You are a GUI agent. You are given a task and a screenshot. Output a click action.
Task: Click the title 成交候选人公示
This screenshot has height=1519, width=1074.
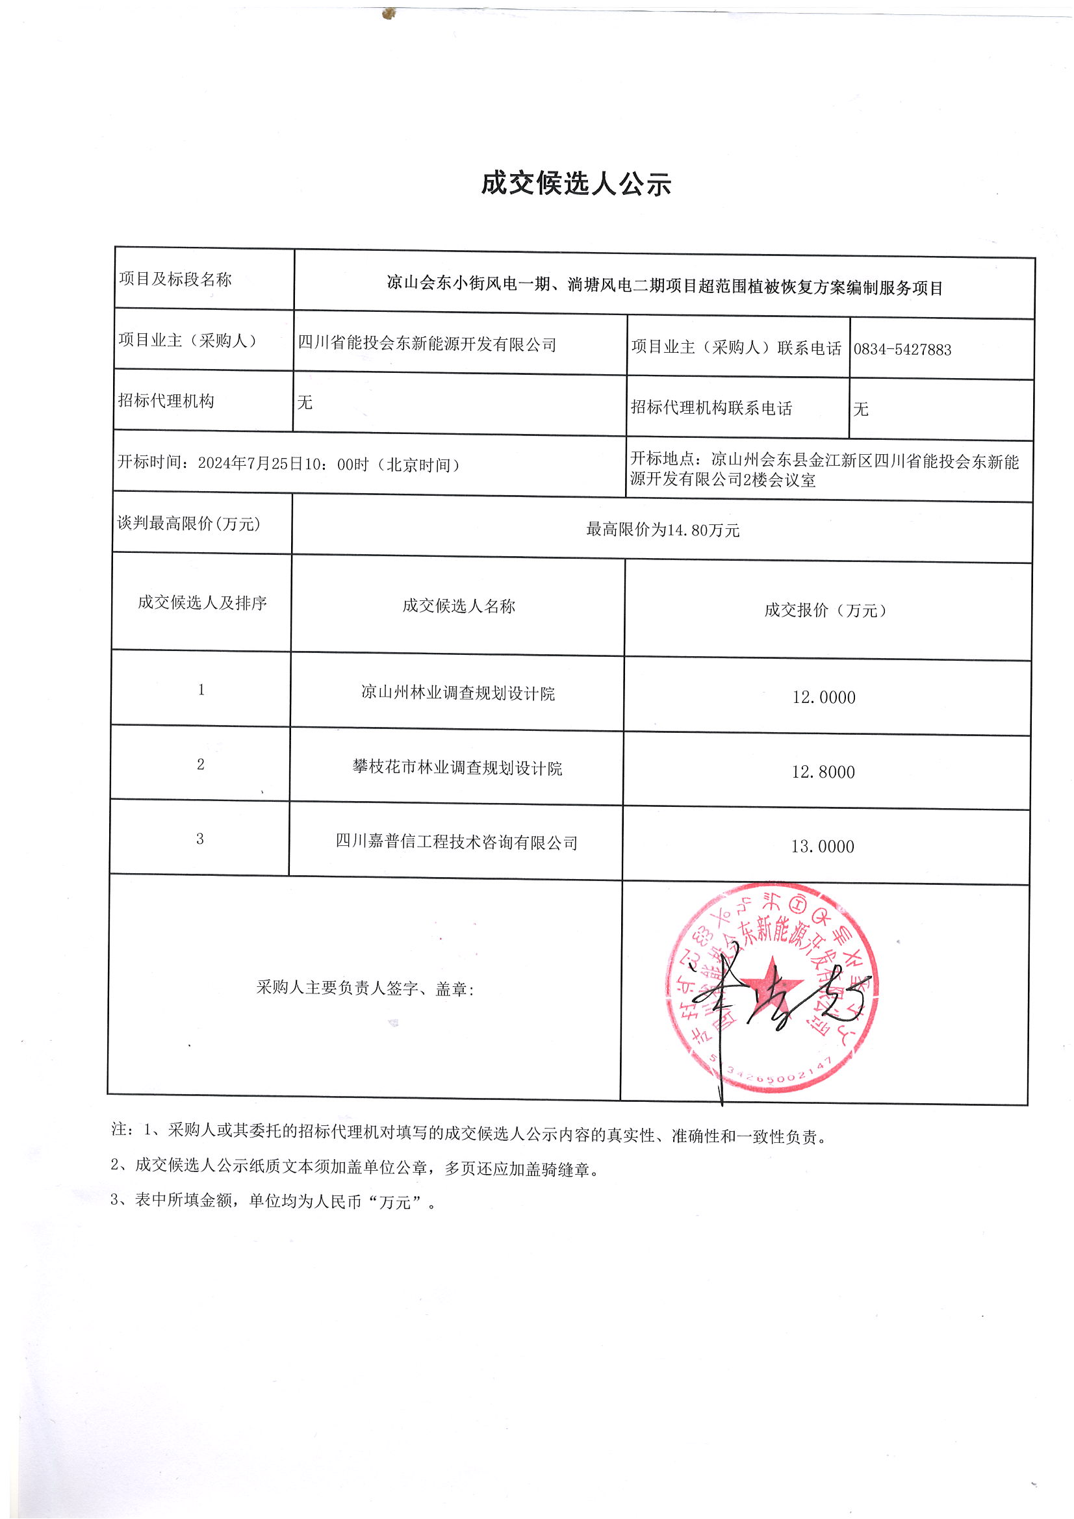pos(575,183)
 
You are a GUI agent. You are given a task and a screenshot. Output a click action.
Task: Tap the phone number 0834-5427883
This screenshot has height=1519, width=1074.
pos(902,350)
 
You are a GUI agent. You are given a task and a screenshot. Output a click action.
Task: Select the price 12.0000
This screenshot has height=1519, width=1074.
pos(823,697)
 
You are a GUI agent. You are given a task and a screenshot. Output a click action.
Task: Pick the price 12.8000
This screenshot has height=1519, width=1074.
pos(823,772)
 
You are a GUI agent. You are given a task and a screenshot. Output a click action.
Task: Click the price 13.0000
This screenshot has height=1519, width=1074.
pos(822,847)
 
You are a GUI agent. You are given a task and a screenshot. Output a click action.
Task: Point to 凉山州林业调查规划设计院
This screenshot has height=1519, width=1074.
pos(457,693)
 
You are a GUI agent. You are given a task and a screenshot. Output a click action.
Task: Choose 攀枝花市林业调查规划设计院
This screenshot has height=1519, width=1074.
pos(457,768)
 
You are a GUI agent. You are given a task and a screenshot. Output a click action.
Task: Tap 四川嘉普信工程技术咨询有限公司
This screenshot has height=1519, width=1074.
pos(457,842)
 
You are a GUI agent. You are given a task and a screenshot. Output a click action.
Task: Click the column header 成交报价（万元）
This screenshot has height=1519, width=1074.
pos(825,610)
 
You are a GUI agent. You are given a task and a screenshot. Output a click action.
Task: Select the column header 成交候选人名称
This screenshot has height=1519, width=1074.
pos(458,606)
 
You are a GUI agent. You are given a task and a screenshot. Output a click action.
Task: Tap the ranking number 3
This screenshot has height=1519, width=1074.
pos(200,839)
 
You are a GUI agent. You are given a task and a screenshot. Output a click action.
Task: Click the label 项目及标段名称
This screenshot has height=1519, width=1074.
pos(175,279)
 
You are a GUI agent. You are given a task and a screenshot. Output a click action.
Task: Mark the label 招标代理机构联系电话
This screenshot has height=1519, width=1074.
pos(711,408)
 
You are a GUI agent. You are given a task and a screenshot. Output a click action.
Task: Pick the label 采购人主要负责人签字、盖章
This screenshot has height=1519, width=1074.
pos(365,988)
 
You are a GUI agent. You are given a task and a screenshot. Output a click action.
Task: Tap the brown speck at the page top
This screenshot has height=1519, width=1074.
pos(389,12)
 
